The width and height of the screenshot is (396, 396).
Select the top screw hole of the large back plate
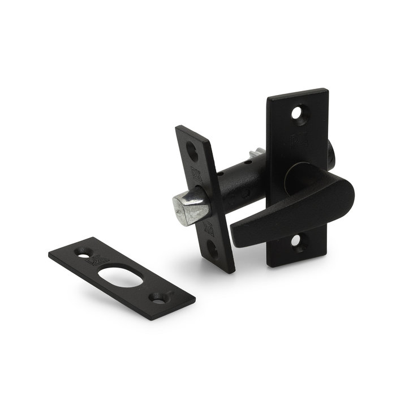pyautogui.click(x=298, y=113)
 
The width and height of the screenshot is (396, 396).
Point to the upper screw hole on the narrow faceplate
pyautogui.click(x=192, y=151)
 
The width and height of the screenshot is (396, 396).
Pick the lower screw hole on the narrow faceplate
pyautogui.click(x=213, y=247)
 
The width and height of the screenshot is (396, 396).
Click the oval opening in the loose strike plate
pyautogui.click(x=120, y=275)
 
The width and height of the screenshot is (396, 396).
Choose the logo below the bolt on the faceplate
pyautogui.click(x=208, y=228)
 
